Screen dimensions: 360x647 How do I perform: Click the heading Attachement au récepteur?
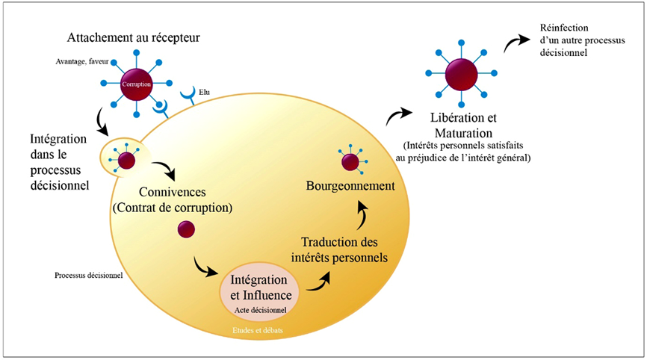pyautogui.click(x=134, y=37)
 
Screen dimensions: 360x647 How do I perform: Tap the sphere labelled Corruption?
pyautogui.click(x=137, y=84)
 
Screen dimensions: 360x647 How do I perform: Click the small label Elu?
pyautogui.click(x=205, y=93)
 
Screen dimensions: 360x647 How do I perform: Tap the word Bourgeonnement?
pyautogui.click(x=350, y=185)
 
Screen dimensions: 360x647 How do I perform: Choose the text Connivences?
pyautogui.click(x=172, y=192)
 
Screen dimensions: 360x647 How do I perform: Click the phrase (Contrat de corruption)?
pyautogui.click(x=172, y=207)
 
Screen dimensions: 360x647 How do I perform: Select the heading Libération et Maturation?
pyautogui.click(x=464, y=125)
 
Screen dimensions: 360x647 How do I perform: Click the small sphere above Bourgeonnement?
pyautogui.click(x=350, y=161)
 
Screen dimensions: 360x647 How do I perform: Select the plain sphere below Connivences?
pyautogui.click(x=185, y=230)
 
